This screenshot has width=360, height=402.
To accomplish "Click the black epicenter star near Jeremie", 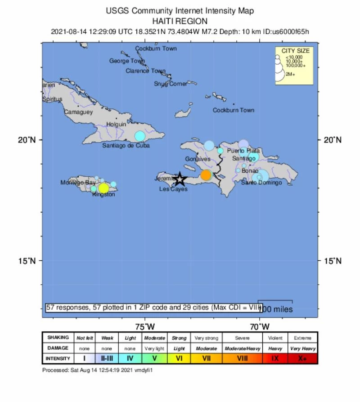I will tap(180, 179).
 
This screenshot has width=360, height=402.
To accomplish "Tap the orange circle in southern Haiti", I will tap(206, 175).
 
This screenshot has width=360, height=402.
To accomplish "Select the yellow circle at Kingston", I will tap(103, 188).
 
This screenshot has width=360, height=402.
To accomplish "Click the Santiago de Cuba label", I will tap(126, 146).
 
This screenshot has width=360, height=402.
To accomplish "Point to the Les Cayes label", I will tap(173, 189).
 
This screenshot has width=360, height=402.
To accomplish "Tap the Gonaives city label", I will tap(198, 159).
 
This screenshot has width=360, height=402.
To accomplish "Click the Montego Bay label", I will tap(78, 183).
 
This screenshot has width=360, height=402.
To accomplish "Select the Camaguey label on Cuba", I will tap(78, 112).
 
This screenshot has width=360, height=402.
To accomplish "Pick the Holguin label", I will tap(117, 125).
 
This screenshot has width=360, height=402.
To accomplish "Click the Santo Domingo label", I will tap(261, 183).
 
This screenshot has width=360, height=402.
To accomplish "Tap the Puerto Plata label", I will tap(243, 151).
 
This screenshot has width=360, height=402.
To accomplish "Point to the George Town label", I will tap(127, 61).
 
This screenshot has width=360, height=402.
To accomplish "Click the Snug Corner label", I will tap(171, 84).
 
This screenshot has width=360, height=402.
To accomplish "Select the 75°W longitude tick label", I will tap(145, 326).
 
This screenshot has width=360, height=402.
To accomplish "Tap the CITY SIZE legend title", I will tap(295, 51).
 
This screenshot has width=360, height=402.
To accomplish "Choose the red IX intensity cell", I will tap(275, 358).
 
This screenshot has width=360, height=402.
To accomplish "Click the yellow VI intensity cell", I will tap(179, 358).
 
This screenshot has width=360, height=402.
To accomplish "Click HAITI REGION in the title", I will tap(180, 21).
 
